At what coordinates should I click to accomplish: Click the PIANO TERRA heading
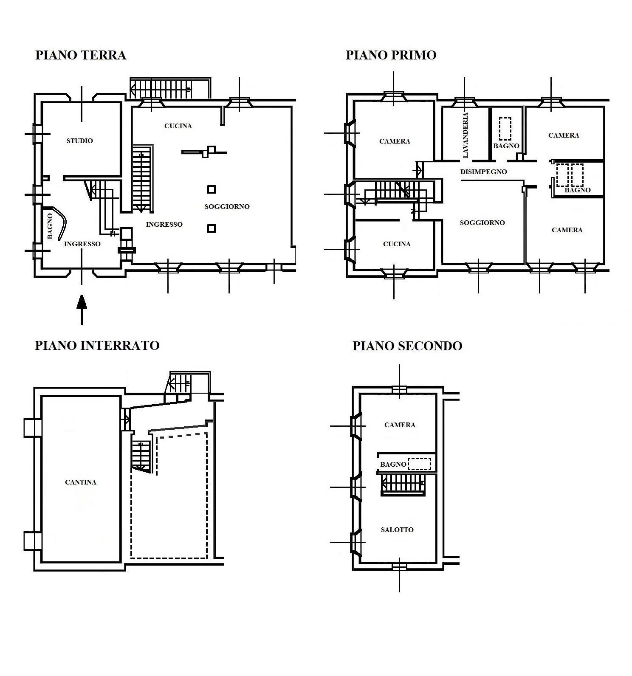click(x=81, y=56)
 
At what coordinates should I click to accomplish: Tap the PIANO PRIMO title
click(x=391, y=55)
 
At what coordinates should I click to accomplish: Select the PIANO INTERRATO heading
click(x=97, y=345)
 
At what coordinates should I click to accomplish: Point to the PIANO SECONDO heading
click(x=407, y=346)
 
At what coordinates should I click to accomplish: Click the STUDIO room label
click(x=80, y=141)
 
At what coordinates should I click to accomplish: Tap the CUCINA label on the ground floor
click(x=178, y=126)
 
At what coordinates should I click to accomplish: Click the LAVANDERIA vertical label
click(x=466, y=135)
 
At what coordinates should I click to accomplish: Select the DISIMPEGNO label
click(x=484, y=172)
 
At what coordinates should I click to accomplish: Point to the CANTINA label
click(x=81, y=482)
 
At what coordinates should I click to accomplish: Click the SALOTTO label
click(x=397, y=530)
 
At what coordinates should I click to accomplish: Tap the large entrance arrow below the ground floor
click(x=82, y=310)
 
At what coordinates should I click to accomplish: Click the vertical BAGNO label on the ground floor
click(x=50, y=226)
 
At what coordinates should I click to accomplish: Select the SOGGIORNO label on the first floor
click(x=482, y=223)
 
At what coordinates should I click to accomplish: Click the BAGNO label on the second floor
click(x=393, y=464)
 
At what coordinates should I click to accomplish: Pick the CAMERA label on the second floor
click(x=400, y=425)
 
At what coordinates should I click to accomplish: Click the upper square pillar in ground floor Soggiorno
click(x=212, y=189)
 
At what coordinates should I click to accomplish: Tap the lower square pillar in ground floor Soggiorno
click(x=212, y=228)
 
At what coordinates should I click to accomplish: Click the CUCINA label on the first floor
click(x=397, y=244)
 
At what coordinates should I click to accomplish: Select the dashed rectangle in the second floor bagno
click(x=419, y=464)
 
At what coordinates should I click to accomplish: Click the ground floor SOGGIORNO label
click(x=227, y=207)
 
